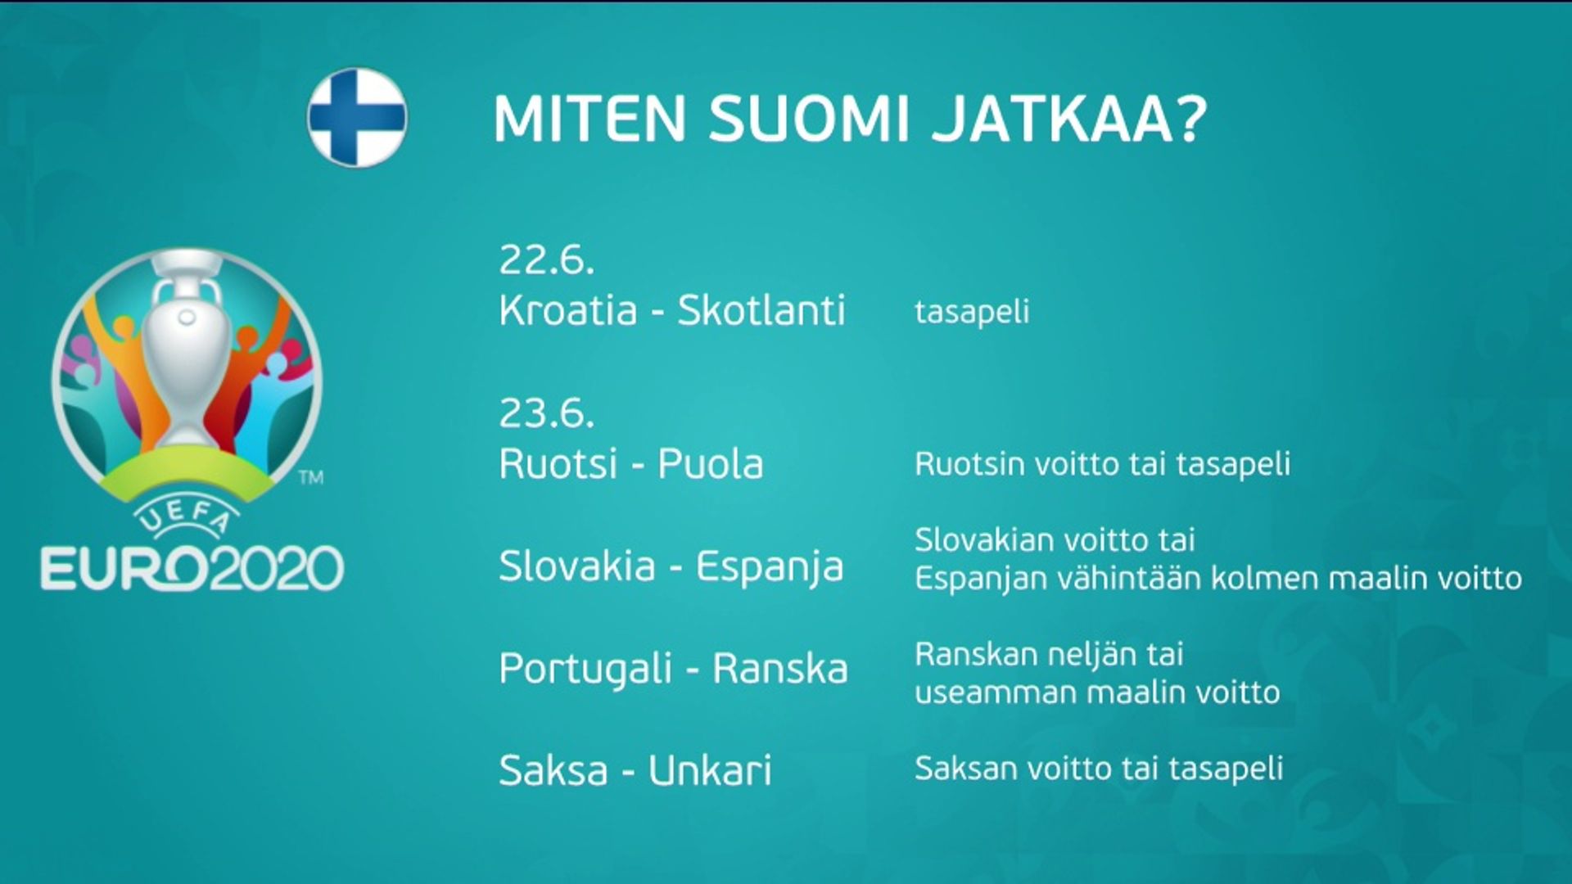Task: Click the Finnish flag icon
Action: point(357,118)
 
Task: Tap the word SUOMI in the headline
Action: point(809,120)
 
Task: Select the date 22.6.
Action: point(546,260)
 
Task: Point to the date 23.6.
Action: point(546,413)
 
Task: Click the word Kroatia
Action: point(568,310)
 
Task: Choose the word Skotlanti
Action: point(761,310)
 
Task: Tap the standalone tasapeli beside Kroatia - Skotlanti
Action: point(972,312)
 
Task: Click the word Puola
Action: point(711,464)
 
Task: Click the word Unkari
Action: point(710,770)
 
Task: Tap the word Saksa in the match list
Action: point(553,770)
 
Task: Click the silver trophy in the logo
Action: point(187,352)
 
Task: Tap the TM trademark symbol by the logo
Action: point(311,477)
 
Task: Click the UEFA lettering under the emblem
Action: point(186,517)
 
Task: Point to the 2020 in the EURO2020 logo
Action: point(276,569)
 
